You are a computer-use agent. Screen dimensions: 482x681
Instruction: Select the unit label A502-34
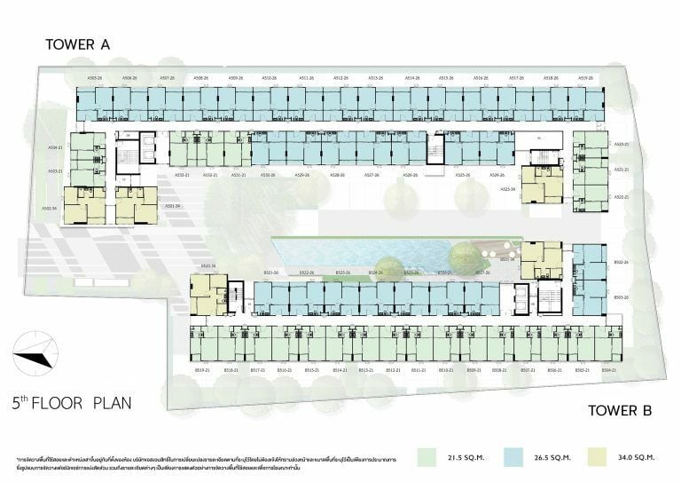(x=50, y=209)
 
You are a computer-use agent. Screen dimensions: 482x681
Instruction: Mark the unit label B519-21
(x=201, y=369)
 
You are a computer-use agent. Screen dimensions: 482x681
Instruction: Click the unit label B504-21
(x=608, y=369)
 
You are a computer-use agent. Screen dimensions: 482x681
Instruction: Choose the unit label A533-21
(x=183, y=175)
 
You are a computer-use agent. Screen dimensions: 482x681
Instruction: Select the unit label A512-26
(x=341, y=78)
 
